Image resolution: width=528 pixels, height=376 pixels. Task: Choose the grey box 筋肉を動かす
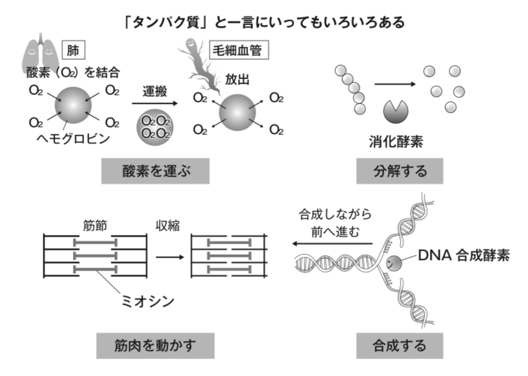tap(155, 345)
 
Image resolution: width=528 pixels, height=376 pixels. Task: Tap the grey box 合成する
tap(399, 345)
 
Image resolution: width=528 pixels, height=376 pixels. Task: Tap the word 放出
tap(237, 80)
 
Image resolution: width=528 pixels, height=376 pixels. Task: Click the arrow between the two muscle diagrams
tap(168, 256)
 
